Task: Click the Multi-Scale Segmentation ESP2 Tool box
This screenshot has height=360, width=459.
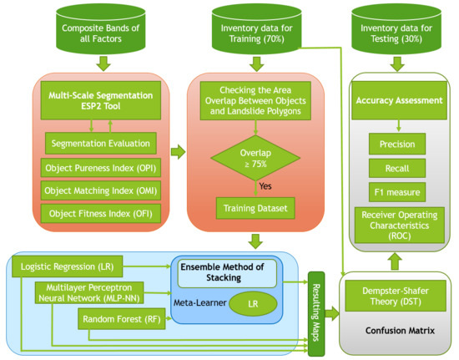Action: pyautogui.click(x=101, y=100)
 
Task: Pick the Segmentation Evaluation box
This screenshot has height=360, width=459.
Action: pyautogui.click(x=101, y=143)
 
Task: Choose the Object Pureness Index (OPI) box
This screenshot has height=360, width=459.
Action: pyautogui.click(x=101, y=168)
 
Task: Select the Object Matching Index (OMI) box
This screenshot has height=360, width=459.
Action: pyautogui.click(x=101, y=190)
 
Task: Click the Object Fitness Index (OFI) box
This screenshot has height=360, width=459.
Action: pyautogui.click(x=101, y=214)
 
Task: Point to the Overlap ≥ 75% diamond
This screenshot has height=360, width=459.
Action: pyautogui.click(x=255, y=158)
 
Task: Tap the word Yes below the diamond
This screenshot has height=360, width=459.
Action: pyautogui.click(x=265, y=186)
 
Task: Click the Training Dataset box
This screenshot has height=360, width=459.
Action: pyautogui.click(x=255, y=208)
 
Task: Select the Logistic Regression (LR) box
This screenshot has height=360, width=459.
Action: pyautogui.click(x=67, y=266)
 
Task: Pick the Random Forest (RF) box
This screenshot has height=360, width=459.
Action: pyautogui.click(x=122, y=319)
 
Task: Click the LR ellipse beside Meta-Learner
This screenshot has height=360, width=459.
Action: pyautogui.click(x=253, y=304)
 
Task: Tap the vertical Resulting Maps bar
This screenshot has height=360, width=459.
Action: pyautogui.click(x=316, y=314)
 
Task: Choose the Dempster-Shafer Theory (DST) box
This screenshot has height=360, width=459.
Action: pyautogui.click(x=396, y=296)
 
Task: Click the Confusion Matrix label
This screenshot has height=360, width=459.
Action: pyautogui.click(x=400, y=331)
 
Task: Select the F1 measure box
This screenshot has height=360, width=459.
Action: pyautogui.click(x=397, y=192)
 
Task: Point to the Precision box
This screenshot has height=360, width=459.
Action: pyautogui.click(x=397, y=144)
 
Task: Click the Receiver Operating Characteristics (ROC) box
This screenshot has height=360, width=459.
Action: pyautogui.click(x=400, y=226)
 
